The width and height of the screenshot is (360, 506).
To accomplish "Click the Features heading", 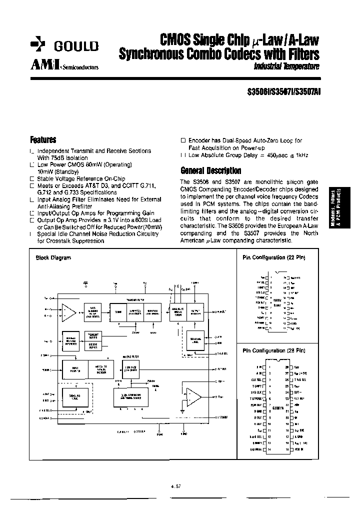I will point(43,140).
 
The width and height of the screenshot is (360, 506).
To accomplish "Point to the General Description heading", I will point(210,170).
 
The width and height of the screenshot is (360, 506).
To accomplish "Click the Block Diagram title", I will point(53,258).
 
